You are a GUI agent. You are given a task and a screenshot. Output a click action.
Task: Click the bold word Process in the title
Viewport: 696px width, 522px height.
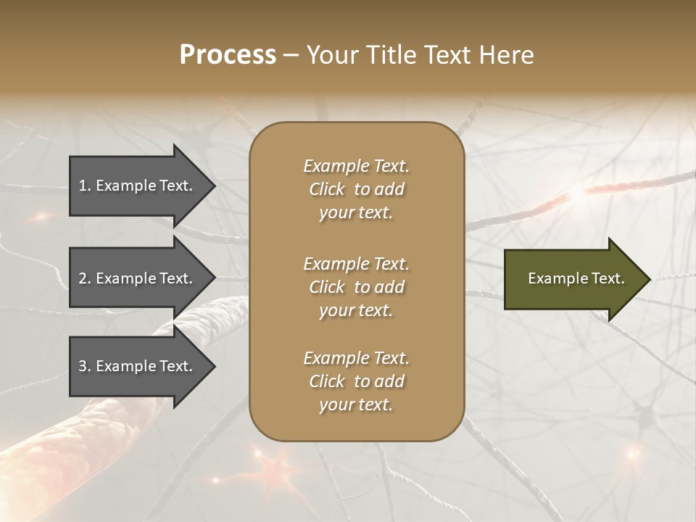[x=228, y=55]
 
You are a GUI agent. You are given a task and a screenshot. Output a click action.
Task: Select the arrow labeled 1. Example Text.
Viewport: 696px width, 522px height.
[x=138, y=186]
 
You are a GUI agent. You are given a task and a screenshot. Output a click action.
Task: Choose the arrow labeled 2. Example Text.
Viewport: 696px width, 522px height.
[x=138, y=278]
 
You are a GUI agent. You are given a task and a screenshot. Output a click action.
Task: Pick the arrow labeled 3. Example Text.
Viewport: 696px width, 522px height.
[x=138, y=366]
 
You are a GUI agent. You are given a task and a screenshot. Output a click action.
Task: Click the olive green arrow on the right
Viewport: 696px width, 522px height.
[x=573, y=278]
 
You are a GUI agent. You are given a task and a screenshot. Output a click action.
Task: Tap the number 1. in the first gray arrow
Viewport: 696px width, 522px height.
[x=85, y=186]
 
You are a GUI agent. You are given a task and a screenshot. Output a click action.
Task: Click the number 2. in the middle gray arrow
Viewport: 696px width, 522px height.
[x=85, y=278]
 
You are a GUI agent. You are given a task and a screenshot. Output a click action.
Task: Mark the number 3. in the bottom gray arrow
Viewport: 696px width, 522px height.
[x=85, y=366]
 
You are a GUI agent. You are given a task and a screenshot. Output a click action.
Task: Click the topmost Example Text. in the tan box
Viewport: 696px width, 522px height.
[x=356, y=166]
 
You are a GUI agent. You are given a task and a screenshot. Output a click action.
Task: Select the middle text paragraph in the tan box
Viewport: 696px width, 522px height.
[x=356, y=287]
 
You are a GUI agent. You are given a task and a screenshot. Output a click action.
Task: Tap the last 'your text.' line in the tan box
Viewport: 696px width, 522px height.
[x=356, y=405]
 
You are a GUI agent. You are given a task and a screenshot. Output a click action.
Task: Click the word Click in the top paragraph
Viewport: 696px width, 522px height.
[x=326, y=189]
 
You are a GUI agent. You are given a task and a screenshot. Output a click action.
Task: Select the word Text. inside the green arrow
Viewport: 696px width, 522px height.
[x=608, y=278]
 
